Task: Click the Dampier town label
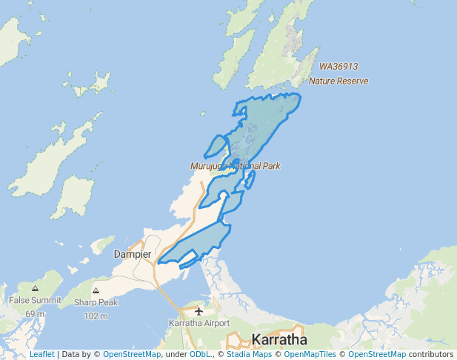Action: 133,254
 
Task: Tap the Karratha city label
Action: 279,340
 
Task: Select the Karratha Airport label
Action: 199,323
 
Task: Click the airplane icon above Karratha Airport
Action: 199,310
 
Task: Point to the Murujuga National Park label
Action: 235,166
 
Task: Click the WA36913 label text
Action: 338,66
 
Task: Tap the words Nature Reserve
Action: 338,80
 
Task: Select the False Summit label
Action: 35,300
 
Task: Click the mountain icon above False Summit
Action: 35,287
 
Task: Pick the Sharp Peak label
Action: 96,302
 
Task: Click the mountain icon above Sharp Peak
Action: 96,290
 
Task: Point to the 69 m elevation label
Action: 35,314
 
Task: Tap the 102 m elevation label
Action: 96,316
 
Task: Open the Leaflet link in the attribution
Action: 41,355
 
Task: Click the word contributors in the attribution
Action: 431,355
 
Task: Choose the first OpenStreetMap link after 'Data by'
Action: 132,355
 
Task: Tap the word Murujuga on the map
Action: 209,166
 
